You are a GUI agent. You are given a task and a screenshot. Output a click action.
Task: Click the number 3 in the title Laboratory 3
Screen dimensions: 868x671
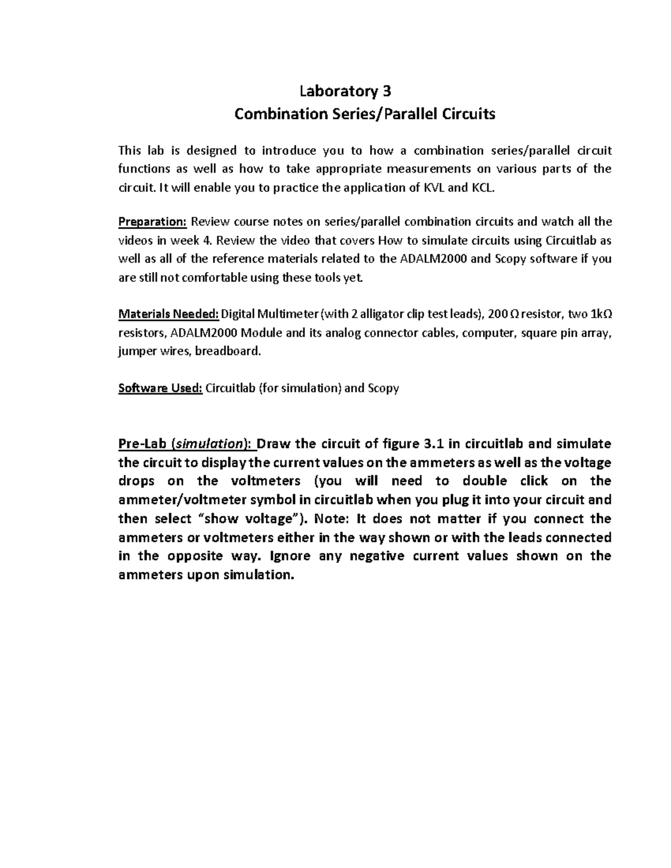(x=385, y=91)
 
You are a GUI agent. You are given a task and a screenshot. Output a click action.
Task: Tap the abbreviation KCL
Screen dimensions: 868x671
(x=482, y=188)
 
